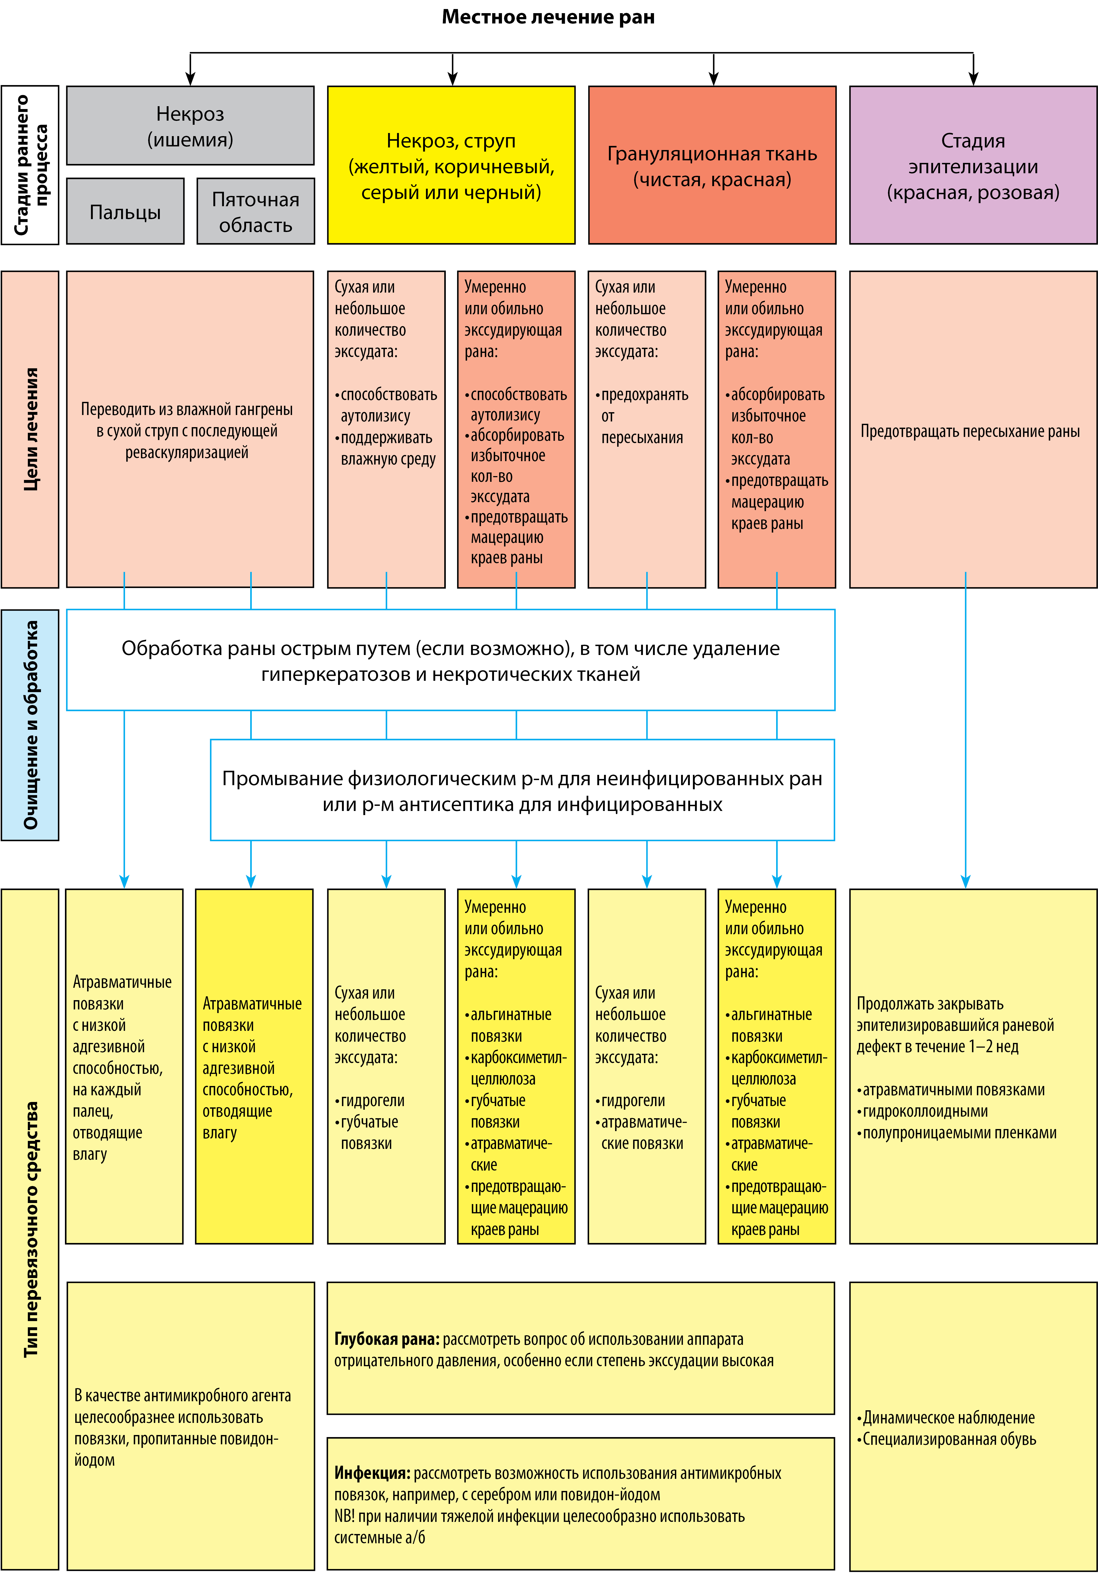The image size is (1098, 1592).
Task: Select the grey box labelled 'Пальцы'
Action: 125,211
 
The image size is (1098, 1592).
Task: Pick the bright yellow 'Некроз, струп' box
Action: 451,165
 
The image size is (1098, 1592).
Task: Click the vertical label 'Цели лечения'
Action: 30,429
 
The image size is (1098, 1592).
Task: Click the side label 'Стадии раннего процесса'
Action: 30,165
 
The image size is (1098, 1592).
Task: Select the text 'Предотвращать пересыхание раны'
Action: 970,431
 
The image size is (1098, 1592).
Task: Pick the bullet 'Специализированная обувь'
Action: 947,1439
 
